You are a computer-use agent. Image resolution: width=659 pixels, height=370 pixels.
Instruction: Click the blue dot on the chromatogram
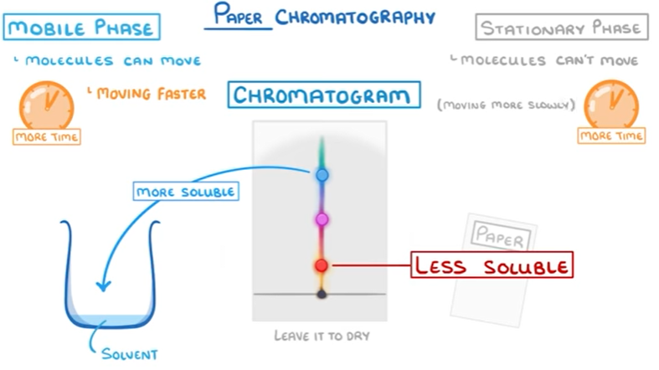click(x=322, y=175)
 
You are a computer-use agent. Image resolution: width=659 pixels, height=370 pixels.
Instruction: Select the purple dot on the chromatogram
click(x=322, y=219)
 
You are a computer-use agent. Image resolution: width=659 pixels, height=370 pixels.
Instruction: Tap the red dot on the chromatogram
click(x=322, y=265)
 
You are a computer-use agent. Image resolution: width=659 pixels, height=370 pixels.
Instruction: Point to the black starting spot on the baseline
click(x=321, y=294)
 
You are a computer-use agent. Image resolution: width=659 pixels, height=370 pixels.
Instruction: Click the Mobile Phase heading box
click(x=81, y=27)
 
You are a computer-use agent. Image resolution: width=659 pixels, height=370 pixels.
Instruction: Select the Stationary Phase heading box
click(x=562, y=28)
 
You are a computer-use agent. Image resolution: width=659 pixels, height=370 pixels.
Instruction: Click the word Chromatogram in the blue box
click(x=323, y=95)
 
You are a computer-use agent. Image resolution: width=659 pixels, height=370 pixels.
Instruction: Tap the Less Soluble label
click(x=491, y=266)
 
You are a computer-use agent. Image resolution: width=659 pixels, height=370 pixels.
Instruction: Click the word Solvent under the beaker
click(x=131, y=353)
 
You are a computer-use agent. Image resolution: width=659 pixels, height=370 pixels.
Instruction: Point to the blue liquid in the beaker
click(x=110, y=323)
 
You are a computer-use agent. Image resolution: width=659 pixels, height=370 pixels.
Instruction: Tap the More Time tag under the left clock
click(x=47, y=136)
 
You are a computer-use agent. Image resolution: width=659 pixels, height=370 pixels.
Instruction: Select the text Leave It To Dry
click(x=321, y=336)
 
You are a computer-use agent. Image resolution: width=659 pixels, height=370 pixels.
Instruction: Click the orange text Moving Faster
click(x=151, y=93)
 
